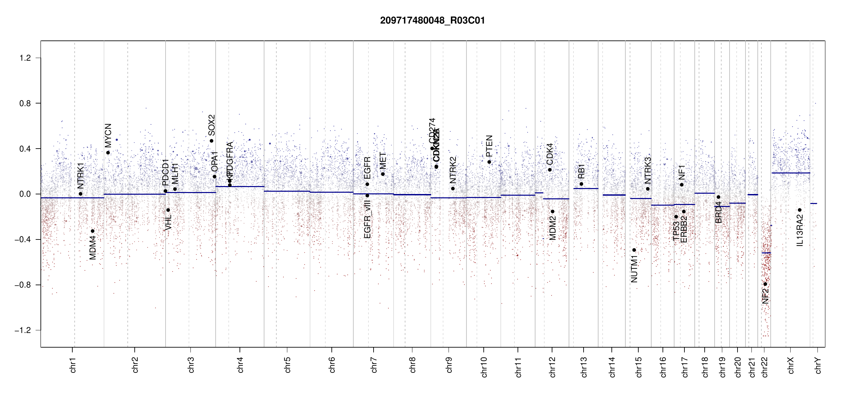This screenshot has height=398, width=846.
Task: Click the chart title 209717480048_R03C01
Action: (432, 21)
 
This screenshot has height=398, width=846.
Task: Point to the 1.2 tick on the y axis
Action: (25, 58)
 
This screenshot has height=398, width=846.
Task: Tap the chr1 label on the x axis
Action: (73, 365)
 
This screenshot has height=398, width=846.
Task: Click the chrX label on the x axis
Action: (791, 365)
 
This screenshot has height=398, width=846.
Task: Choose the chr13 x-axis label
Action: (584, 367)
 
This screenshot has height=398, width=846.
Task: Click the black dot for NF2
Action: (765, 284)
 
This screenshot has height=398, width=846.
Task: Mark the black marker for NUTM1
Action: (634, 250)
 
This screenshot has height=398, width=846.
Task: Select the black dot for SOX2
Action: (211, 141)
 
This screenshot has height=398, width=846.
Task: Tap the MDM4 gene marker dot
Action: (93, 231)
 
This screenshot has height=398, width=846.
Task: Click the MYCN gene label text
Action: (108, 135)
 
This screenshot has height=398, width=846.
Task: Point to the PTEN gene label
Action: (489, 146)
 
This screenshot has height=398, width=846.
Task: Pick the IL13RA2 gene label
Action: (800, 231)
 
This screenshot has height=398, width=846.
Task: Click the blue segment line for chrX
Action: (791, 173)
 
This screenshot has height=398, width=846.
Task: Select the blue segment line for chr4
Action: (240, 186)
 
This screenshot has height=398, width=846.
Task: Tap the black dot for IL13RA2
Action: (800, 210)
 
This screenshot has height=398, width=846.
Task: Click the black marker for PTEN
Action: (489, 162)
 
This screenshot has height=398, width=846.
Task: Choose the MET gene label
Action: (383, 161)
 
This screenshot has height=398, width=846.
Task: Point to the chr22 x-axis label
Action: (765, 367)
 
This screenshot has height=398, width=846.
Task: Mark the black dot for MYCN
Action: (108, 153)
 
